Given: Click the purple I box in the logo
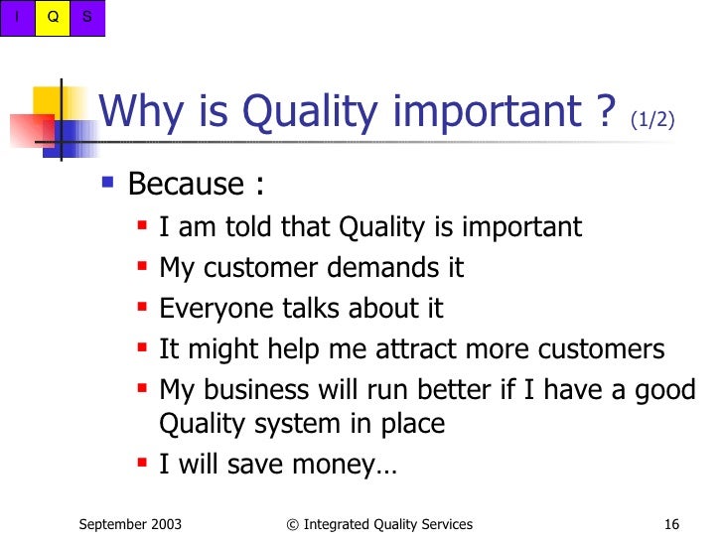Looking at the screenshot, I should tap(17, 18).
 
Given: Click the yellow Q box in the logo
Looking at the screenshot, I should tap(53, 18).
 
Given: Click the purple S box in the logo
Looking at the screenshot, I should tap(87, 18).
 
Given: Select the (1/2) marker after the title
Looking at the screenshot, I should tap(652, 119).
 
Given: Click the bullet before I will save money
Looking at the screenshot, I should tap(143, 463).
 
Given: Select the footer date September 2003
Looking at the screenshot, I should tap(130, 524).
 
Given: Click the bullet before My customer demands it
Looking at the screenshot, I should tap(143, 266).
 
